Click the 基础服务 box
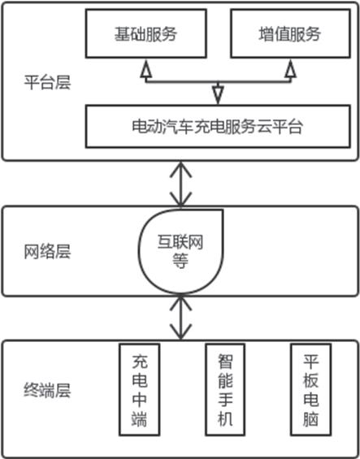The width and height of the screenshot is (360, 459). click(x=146, y=33)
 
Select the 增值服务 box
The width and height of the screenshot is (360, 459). click(x=290, y=33)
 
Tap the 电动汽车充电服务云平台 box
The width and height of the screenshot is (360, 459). click(x=218, y=127)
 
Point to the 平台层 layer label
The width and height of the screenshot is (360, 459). click(x=47, y=82)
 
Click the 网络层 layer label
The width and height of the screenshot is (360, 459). click(x=47, y=252)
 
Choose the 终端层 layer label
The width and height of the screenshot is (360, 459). click(x=47, y=390)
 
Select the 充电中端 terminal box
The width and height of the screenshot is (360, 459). click(x=140, y=390)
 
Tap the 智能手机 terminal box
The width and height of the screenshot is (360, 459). click(x=225, y=390)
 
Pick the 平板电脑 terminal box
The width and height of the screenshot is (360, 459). click(x=310, y=390)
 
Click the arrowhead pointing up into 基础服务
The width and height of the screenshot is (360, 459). click(x=146, y=69)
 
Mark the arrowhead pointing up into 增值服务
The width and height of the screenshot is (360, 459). click(x=291, y=69)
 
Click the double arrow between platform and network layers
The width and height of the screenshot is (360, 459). click(x=181, y=184)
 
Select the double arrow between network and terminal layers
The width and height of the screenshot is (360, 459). click(x=181, y=318)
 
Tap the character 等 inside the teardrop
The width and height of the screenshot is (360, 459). click(x=180, y=261)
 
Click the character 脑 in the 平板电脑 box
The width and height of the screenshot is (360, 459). click(x=310, y=418)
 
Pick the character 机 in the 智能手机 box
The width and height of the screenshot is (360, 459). click(x=225, y=418)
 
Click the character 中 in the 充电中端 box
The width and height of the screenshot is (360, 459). click(x=140, y=399)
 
